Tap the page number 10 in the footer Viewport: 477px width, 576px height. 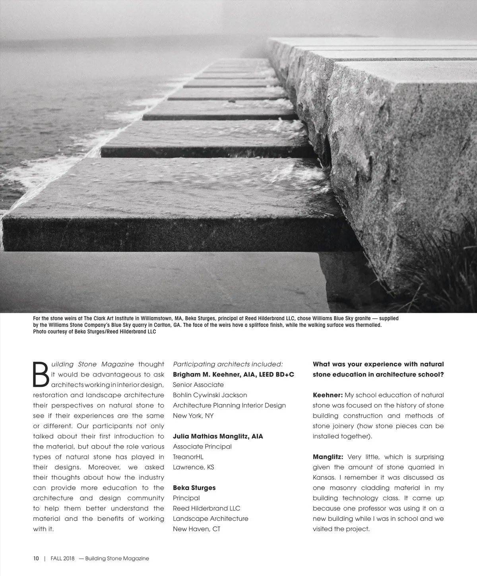click(x=36, y=558)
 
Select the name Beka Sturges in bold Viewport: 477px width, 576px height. click(x=194, y=488)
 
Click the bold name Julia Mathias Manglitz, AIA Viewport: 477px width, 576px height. click(x=218, y=436)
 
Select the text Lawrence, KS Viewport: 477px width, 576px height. click(x=193, y=467)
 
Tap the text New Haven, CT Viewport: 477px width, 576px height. click(x=196, y=529)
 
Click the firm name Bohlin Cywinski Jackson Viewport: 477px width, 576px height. click(x=210, y=395)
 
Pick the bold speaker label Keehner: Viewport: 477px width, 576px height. click(x=328, y=395)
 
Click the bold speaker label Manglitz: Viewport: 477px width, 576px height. click(x=328, y=457)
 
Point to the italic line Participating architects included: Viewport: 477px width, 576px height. click(x=228, y=364)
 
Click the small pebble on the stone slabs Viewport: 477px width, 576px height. click(x=231, y=102)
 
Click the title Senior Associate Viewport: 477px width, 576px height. click(x=198, y=385)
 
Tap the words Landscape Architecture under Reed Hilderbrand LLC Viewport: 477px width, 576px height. click(x=210, y=519)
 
